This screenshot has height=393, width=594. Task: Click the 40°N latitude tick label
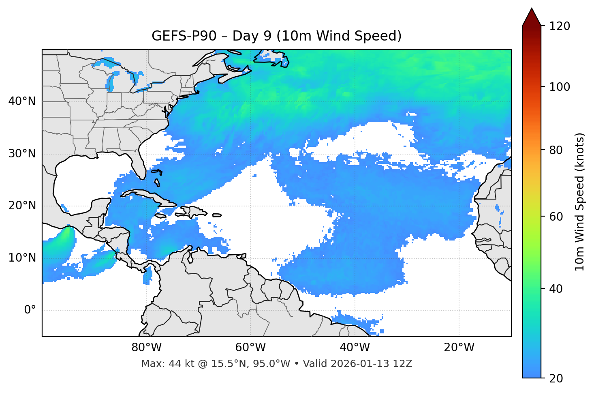pyautogui.click(x=22, y=101)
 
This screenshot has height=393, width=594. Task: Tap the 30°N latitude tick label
pyautogui.click(x=22, y=154)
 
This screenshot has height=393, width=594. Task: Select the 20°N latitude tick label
pyautogui.click(x=22, y=206)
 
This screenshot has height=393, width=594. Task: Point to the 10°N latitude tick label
pyautogui.click(x=22, y=258)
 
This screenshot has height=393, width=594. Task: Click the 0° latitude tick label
pyautogui.click(x=30, y=310)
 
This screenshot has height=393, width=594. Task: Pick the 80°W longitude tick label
pyautogui.click(x=146, y=348)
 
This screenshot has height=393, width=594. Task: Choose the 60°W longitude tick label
pyautogui.click(x=250, y=348)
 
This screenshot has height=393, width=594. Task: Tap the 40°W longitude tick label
pyautogui.click(x=355, y=348)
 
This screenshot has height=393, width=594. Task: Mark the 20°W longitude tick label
pyautogui.click(x=459, y=348)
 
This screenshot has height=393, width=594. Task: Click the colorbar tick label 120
pyautogui.click(x=560, y=26)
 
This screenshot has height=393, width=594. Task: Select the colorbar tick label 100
pyautogui.click(x=560, y=87)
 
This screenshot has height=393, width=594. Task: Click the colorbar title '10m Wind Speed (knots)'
pyautogui.click(x=580, y=202)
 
